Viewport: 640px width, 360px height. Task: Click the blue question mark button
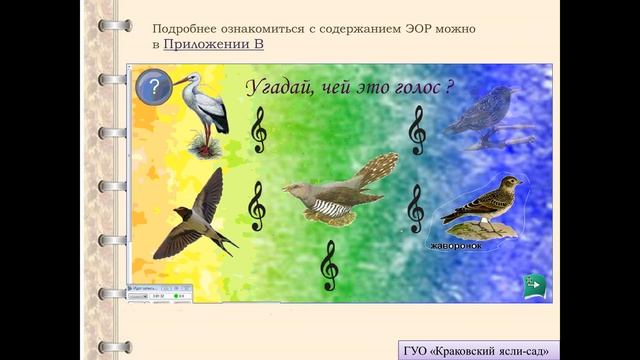(x=153, y=87)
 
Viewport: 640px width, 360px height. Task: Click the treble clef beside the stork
(x=259, y=130)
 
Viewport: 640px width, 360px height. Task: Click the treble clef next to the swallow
(x=257, y=205)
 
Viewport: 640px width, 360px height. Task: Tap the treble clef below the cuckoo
(x=329, y=265)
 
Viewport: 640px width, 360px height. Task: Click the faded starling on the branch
(x=487, y=113)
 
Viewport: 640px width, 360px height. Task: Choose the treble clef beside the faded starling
(x=417, y=130)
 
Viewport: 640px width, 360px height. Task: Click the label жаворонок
(x=456, y=245)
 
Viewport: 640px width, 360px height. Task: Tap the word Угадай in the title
(x=278, y=87)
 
